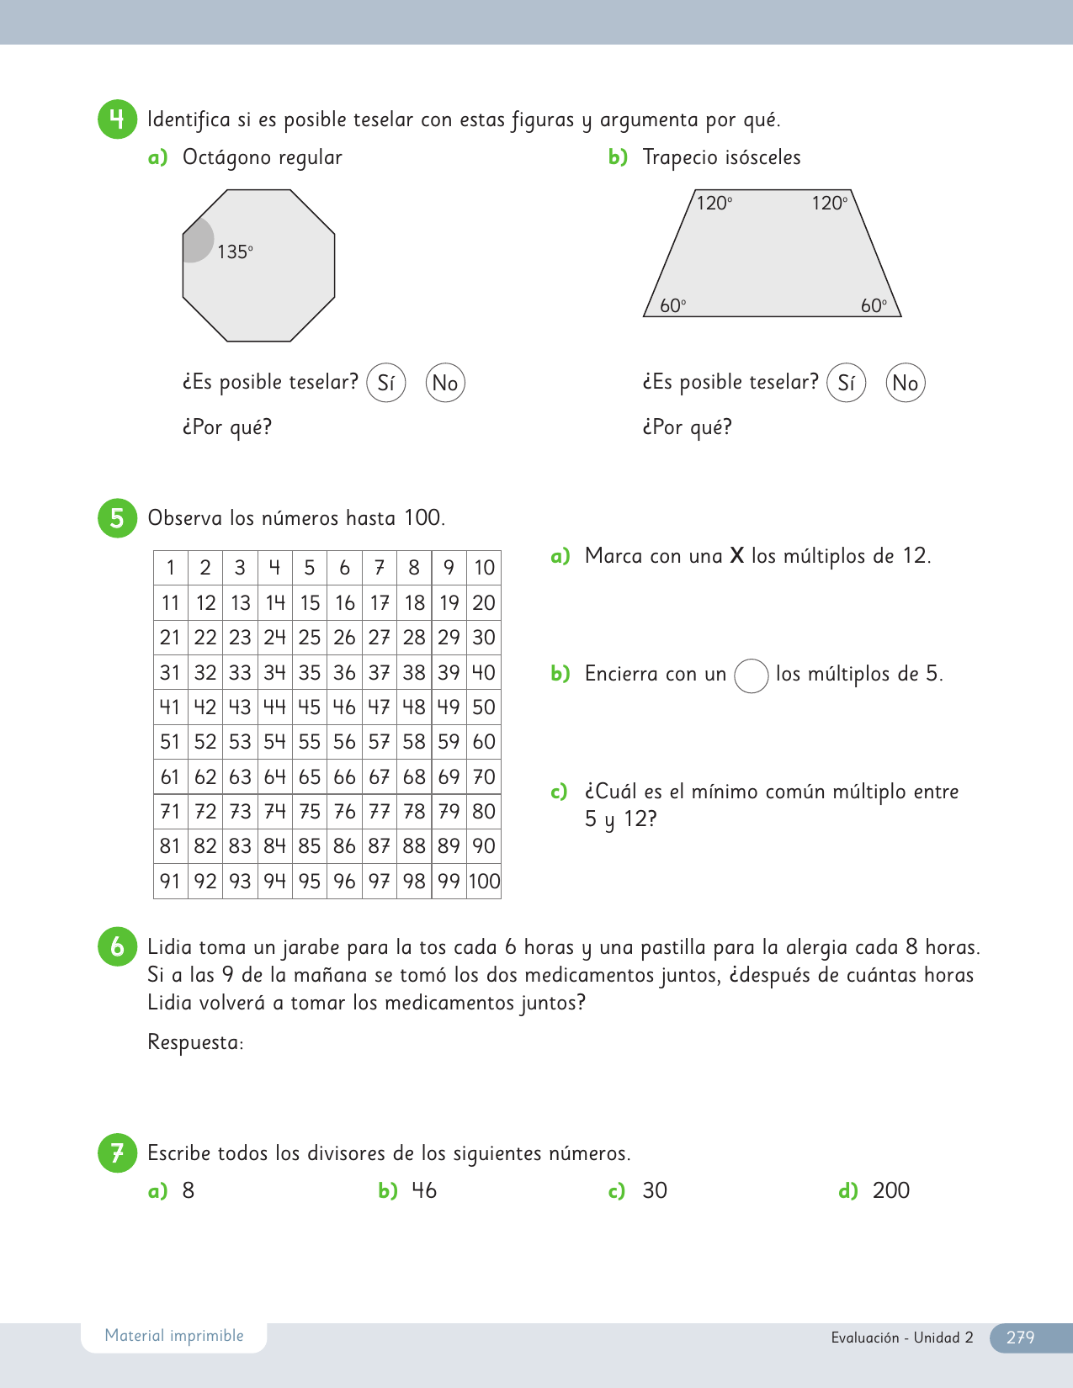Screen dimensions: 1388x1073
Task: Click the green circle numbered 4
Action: coord(117,119)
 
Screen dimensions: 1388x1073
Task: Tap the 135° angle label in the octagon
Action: coord(235,252)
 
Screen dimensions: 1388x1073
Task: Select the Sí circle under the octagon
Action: coord(386,383)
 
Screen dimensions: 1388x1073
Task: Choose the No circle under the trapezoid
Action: coord(906,383)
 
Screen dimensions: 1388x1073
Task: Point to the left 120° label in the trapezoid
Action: coord(714,203)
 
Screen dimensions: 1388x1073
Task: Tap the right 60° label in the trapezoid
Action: coord(874,305)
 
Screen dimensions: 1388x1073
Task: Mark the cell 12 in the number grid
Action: coord(205,603)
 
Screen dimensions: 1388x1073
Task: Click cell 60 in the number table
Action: coord(484,742)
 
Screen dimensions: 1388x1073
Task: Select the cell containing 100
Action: coord(484,881)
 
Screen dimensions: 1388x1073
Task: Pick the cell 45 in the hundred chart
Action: coord(310,707)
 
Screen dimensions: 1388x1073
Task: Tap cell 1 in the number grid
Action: coord(171,568)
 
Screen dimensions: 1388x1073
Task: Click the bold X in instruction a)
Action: coord(736,555)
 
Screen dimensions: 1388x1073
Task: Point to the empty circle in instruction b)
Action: coord(752,675)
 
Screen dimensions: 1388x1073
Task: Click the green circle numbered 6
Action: coord(117,946)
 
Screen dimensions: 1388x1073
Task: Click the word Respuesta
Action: coord(195,1042)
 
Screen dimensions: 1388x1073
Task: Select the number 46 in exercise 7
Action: coord(424,1190)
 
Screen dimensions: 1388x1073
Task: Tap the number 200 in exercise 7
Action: coord(891,1190)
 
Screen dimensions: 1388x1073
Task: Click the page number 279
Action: coord(1020,1337)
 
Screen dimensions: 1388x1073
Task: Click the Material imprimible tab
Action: coord(174,1336)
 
